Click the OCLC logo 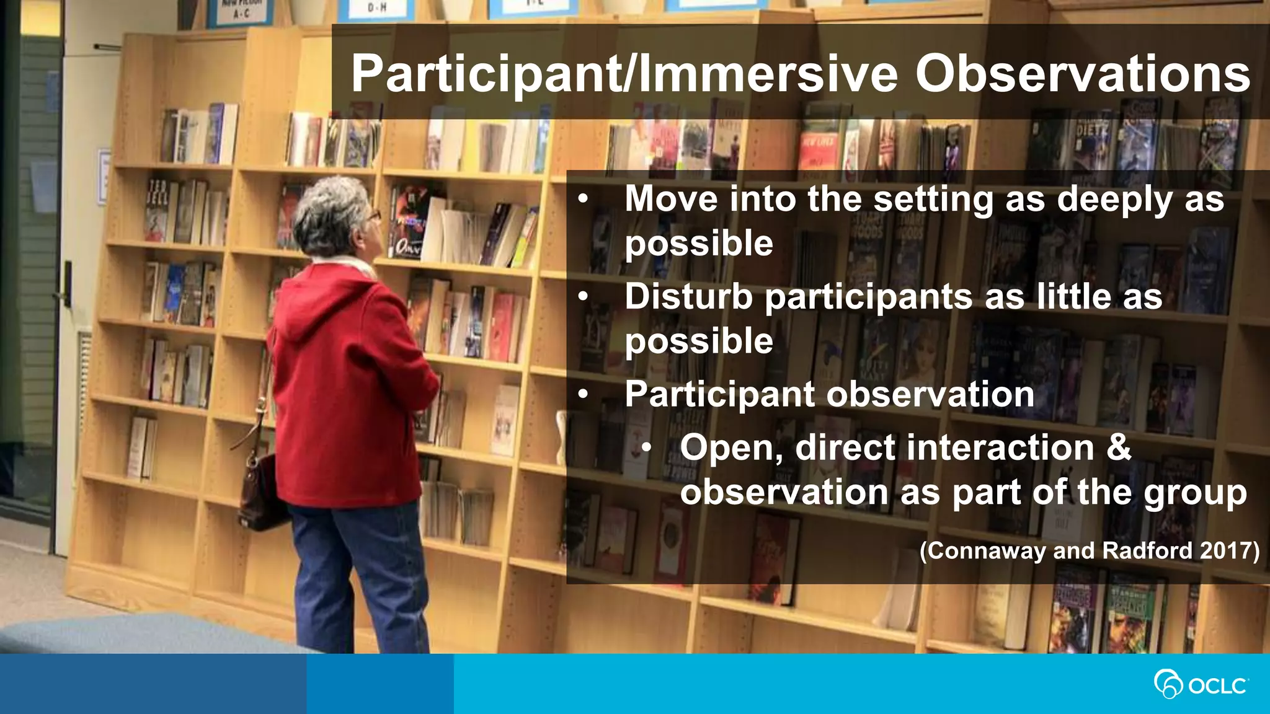point(1201,684)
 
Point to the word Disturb point(688,296)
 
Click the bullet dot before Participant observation point(582,395)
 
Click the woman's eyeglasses point(373,216)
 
